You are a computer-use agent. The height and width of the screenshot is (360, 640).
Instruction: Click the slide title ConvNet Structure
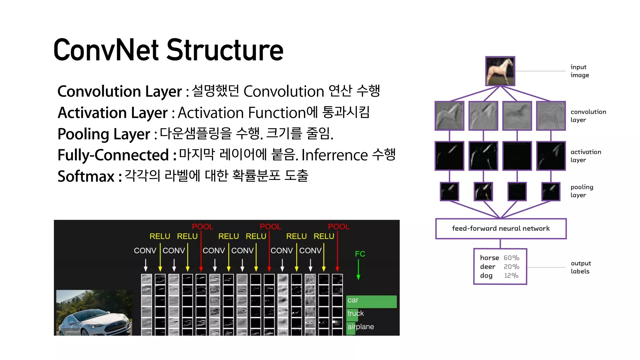[168, 50]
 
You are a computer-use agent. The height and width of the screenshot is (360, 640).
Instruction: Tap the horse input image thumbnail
[500, 71]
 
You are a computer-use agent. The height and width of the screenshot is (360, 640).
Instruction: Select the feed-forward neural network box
[501, 229]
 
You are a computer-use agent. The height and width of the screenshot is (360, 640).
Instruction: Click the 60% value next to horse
[511, 258]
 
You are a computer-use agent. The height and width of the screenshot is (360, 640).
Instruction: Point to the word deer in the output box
[487, 267]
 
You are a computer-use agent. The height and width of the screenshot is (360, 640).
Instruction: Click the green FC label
[360, 254]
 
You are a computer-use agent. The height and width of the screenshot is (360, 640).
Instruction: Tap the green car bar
[371, 301]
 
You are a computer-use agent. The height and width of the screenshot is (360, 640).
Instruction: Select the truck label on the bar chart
[356, 313]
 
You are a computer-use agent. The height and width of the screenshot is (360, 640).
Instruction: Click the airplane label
[361, 327]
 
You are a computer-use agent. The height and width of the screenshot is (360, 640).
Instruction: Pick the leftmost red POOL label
[202, 227]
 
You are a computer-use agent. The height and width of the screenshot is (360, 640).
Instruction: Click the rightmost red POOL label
[338, 227]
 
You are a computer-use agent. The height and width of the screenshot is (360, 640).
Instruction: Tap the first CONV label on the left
[145, 251]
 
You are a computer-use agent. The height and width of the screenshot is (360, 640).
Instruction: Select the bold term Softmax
[86, 176]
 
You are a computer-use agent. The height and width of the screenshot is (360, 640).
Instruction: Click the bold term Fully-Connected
[113, 155]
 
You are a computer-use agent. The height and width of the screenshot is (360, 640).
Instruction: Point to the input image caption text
[579, 71]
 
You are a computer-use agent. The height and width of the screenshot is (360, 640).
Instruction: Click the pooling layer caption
[582, 191]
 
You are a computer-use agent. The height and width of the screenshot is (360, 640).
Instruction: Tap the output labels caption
[581, 267]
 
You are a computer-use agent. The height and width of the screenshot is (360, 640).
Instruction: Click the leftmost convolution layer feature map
[449, 116]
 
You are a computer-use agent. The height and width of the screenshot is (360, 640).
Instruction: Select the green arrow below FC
[358, 269]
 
